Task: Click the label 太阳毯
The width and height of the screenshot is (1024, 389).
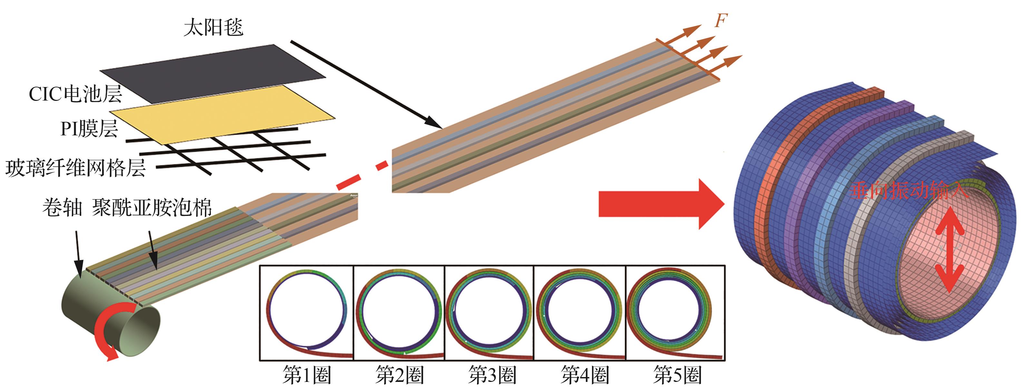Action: point(213,28)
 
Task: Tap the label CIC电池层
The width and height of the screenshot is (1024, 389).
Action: point(75,94)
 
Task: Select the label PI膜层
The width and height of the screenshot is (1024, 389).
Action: point(89,129)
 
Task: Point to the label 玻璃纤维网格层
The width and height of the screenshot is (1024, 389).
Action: point(75,168)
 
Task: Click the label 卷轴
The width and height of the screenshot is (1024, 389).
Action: point(62,208)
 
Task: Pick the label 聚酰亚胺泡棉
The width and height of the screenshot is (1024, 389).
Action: point(152,208)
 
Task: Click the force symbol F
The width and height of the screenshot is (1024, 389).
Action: point(721,21)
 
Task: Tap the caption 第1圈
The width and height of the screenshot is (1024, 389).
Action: point(307,375)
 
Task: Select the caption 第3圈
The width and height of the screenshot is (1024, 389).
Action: point(492,375)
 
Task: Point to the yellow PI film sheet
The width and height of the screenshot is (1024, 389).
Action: point(223,115)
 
